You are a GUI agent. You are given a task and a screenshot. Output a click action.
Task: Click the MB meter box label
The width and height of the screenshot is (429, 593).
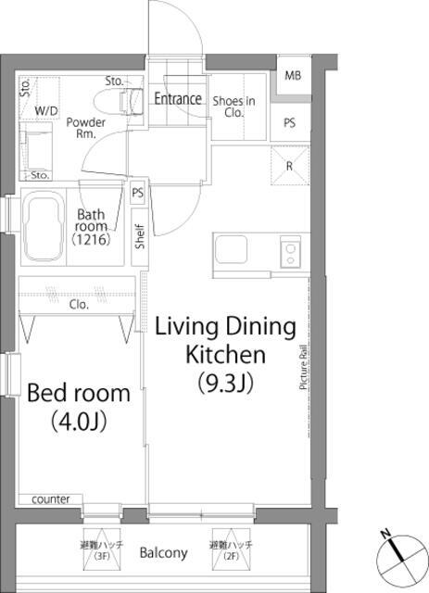pyautogui.click(x=293, y=75)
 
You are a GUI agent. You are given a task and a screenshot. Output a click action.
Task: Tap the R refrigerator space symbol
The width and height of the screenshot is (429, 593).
pyautogui.click(x=290, y=166)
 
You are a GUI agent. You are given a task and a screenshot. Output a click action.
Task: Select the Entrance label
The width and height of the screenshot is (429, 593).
pyautogui.click(x=178, y=99)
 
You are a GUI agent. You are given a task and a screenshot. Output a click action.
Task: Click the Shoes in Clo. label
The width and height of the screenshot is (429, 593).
pyautogui.click(x=233, y=107)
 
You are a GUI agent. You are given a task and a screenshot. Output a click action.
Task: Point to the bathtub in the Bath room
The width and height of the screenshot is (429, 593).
pyautogui.click(x=43, y=226)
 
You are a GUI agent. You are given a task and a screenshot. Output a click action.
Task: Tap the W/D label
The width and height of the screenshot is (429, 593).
pyautogui.click(x=46, y=111)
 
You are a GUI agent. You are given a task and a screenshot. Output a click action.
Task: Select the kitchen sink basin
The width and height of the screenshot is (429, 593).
pyautogui.click(x=231, y=249)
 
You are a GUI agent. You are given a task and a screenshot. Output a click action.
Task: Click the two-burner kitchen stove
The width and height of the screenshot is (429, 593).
pyautogui.click(x=291, y=252)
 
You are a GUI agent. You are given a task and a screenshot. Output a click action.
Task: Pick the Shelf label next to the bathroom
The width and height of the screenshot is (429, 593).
pyautogui.click(x=140, y=237)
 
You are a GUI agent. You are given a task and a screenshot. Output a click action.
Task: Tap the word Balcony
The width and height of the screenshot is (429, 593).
pyautogui.click(x=163, y=553)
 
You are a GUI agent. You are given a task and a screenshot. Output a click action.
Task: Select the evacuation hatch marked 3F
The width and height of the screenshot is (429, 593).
pyautogui.click(x=102, y=549)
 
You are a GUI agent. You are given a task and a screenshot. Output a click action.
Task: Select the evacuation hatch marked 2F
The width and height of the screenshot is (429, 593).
pyautogui.click(x=231, y=549)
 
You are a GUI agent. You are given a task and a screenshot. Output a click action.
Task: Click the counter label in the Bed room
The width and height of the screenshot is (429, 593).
pyautogui.click(x=51, y=499)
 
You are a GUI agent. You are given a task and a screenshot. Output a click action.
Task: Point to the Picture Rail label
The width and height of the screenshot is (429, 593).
pyautogui.click(x=303, y=367)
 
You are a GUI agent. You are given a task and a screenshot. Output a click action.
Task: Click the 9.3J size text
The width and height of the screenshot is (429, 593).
pyautogui.click(x=225, y=383)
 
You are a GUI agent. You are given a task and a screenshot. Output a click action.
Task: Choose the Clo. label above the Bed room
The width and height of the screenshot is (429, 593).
pyautogui.click(x=79, y=305)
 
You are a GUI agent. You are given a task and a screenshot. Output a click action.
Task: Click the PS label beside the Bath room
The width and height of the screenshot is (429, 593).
pyautogui.click(x=138, y=193)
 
